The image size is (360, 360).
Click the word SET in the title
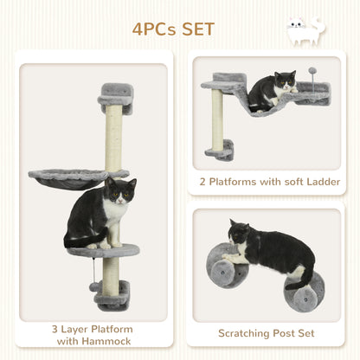(196, 29)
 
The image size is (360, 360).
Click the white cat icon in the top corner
(306, 31)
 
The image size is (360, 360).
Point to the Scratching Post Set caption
(265, 331)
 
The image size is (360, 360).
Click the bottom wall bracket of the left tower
(112, 295)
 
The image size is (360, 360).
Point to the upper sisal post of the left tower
(112, 138)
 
